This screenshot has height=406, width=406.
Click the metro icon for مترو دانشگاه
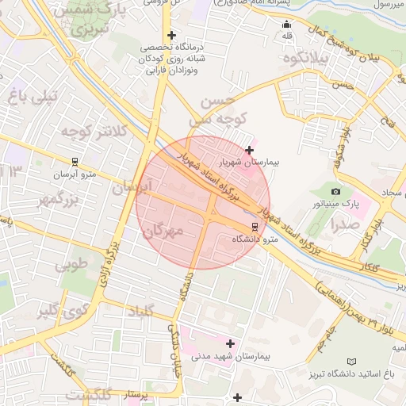tap(254, 225)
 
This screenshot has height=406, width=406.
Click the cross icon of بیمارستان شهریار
tap(250, 149)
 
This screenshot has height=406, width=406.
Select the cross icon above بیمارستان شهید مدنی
tap(231, 343)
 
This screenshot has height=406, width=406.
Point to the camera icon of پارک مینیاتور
tap(335, 192)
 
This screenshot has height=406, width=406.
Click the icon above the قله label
tap(286, 23)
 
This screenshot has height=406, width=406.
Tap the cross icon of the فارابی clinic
tap(172, 35)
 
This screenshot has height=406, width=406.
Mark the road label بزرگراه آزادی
tap(106, 267)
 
